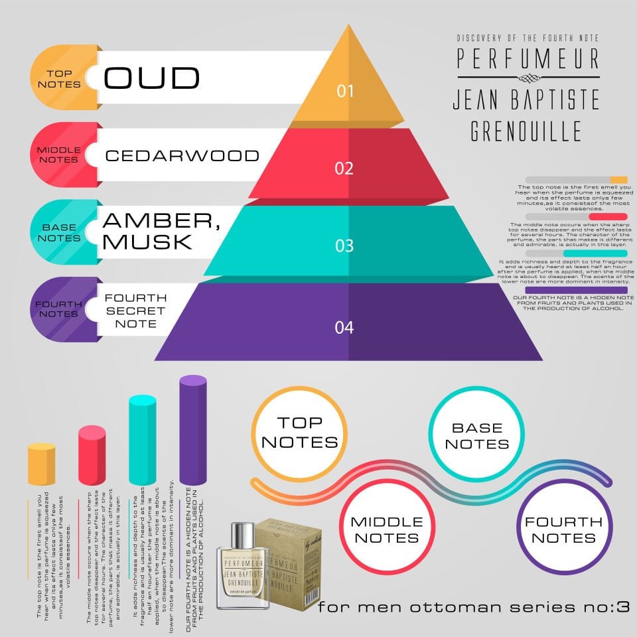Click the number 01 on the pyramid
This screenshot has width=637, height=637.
point(345,90)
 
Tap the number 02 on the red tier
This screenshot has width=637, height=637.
point(344,168)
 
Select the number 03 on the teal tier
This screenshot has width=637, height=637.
point(344,246)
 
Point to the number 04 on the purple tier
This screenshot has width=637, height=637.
point(344,327)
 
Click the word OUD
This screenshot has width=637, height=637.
point(152,78)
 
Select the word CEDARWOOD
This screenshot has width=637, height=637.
point(182,156)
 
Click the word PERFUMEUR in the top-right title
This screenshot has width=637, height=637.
point(528,59)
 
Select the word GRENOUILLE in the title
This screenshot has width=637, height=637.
point(526,131)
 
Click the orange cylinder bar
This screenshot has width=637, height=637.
point(42,464)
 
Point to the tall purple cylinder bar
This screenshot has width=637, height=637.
point(193,431)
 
